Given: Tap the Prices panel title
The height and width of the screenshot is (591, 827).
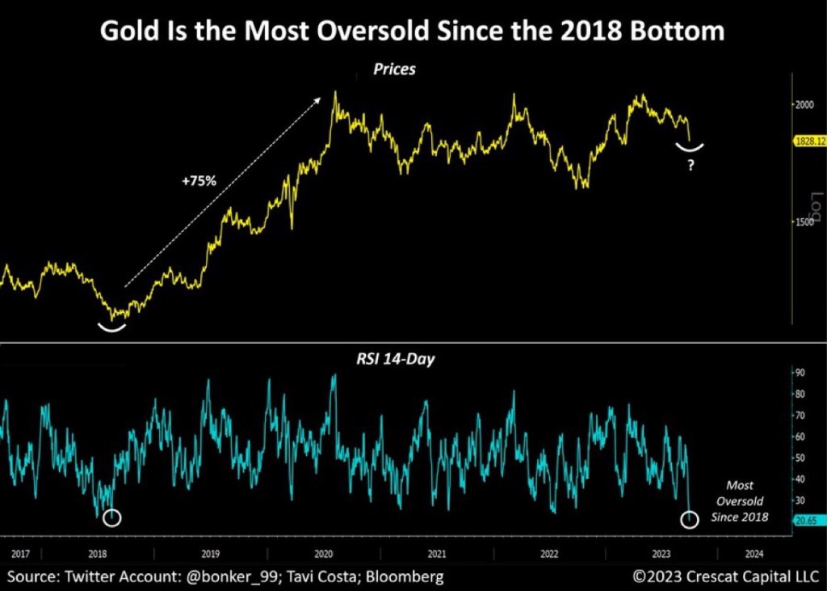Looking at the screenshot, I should click(x=394, y=70).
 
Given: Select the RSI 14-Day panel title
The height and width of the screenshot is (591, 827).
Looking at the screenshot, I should click(x=394, y=359).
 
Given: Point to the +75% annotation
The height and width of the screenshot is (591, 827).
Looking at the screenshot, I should click(x=198, y=181).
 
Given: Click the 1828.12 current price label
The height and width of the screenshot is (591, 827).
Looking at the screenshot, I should click(x=809, y=141).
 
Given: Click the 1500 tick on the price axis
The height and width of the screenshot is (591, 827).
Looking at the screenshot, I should click(x=803, y=222).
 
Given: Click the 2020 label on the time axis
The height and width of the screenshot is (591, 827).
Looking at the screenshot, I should click(x=323, y=555).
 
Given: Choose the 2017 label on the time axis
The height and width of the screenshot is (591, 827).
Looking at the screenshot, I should click(x=21, y=555).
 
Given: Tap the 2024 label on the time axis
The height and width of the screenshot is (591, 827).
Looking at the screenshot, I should click(x=753, y=555).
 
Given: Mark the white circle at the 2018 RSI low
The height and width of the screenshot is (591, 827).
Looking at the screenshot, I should click(x=112, y=518).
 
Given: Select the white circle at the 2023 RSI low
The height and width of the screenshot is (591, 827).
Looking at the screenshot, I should click(x=689, y=520).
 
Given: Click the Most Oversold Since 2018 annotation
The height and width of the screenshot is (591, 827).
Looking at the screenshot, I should click(x=740, y=501).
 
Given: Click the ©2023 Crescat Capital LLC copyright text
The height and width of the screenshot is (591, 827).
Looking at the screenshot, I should click(x=724, y=578).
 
